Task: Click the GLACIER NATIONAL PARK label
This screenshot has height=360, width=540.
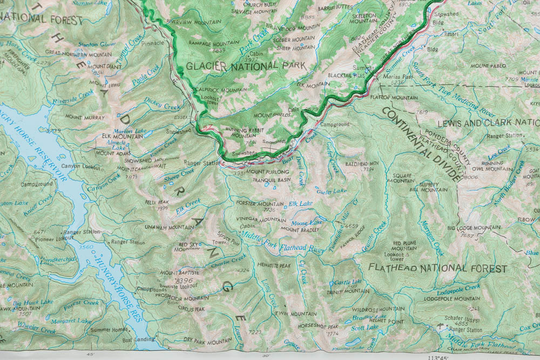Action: click(245, 66)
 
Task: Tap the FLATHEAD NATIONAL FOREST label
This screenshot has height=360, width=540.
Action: click(438, 268)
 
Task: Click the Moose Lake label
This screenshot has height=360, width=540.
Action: click(306, 222)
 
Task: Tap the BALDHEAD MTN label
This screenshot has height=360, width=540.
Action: click(360, 163)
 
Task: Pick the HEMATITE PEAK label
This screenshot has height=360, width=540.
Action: click(274, 266)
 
